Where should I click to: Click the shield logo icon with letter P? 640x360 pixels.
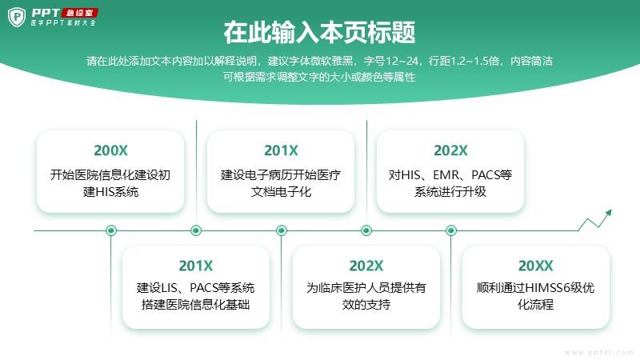pos(17,17)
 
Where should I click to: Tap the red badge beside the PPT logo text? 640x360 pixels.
pos(79,13)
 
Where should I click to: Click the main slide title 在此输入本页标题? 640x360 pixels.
pos(319,32)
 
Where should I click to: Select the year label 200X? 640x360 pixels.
pos(110,150)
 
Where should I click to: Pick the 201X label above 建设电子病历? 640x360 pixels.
pos(281,150)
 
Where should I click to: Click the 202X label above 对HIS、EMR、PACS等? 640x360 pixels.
pos(450,150)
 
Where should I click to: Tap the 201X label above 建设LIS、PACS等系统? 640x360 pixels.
pos(195,266)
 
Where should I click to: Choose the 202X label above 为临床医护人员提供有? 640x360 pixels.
pos(366,266)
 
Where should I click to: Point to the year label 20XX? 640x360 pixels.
pos(535,266)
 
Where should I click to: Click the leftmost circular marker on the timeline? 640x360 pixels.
pos(111,230)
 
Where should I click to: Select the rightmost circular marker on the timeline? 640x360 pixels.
pos(451,230)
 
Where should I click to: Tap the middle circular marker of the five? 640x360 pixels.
pos(282,230)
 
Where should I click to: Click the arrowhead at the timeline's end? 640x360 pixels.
pos(609,213)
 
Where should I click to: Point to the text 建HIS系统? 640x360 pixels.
pos(110,191)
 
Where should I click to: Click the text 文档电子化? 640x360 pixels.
pos(281,191)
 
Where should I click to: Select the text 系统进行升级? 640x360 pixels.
pos(450,191)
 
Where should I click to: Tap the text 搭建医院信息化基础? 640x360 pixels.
pos(195,305)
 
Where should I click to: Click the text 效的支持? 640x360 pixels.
pos(366,305)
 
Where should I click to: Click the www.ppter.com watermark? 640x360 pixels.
pos(598,352)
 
